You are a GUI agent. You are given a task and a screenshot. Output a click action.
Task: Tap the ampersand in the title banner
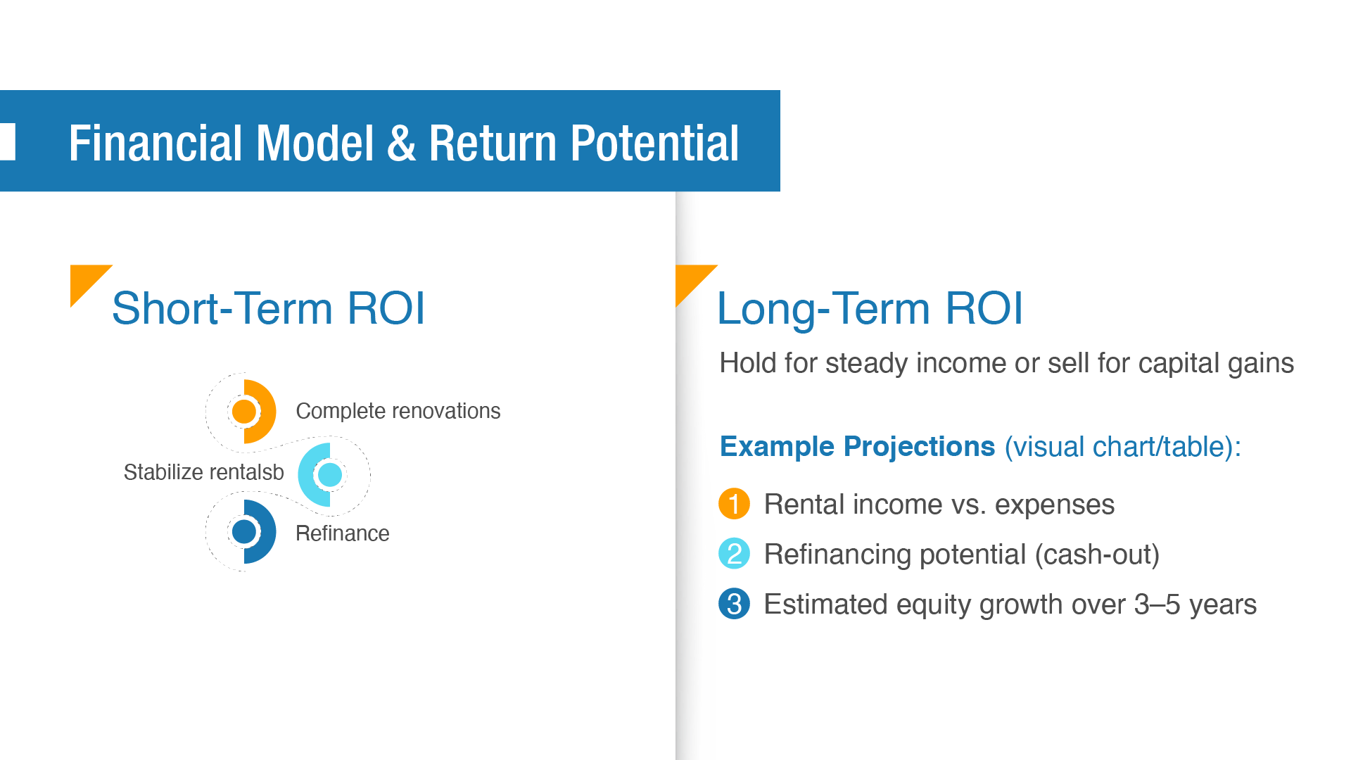pos(401,144)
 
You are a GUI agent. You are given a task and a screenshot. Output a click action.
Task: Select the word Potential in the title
pos(654,144)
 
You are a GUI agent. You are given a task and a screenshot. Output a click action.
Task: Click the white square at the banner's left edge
pos(7,141)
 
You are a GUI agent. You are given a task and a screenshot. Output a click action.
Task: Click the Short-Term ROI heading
pos(268,308)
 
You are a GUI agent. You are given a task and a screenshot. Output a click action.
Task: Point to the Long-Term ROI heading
pos(870,309)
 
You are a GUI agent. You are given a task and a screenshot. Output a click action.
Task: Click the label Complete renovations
pos(398,411)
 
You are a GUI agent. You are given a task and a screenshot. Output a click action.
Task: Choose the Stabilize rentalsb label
pos(204,472)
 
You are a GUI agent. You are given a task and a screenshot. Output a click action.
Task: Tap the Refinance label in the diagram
pos(343,533)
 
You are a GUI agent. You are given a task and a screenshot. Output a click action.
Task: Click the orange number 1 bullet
pos(734,504)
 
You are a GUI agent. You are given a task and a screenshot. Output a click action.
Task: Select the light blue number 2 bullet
pos(734,554)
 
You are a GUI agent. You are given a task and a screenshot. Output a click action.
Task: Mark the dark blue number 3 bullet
pos(734,604)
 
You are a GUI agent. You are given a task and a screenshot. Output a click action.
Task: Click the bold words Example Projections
pos(858,447)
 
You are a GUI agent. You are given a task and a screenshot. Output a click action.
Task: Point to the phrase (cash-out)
pos(1097,555)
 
